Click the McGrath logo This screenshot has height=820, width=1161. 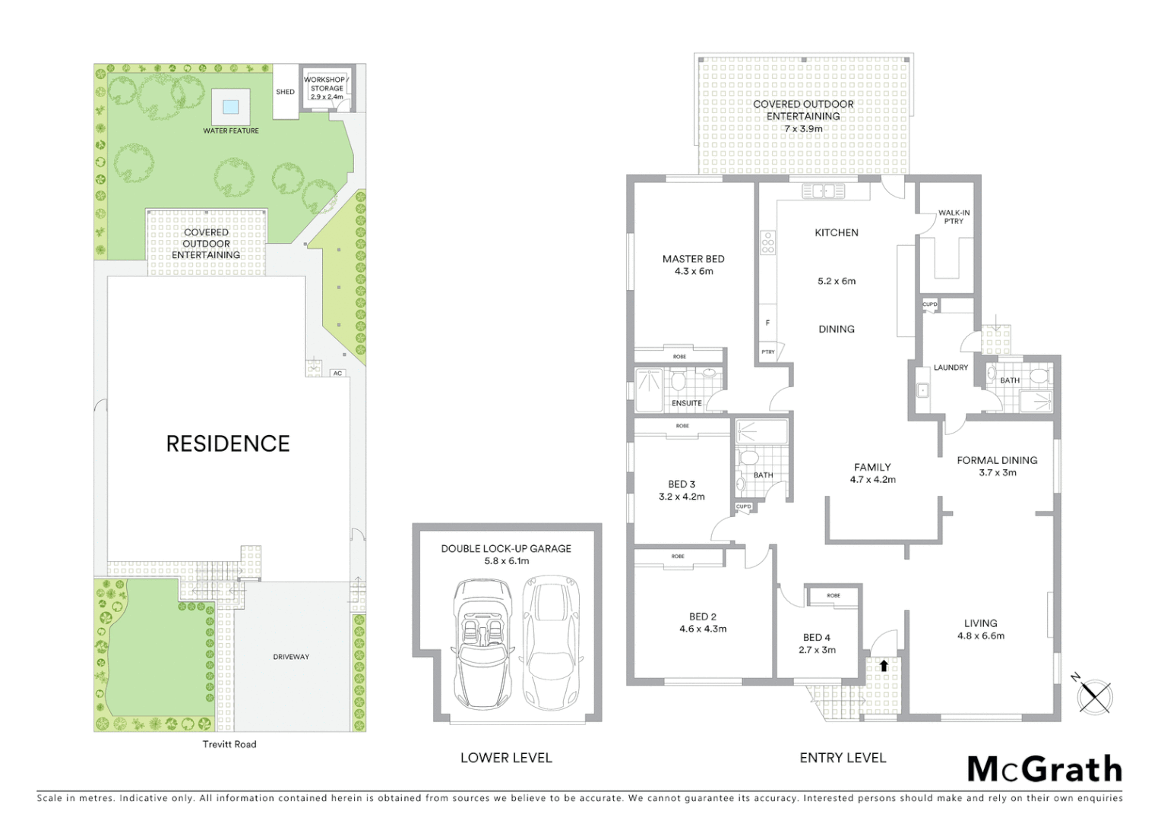click(x=1045, y=769)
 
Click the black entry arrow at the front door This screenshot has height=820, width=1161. click(x=884, y=665)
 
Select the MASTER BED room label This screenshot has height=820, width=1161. click(x=693, y=259)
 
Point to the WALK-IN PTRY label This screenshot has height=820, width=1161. click(x=954, y=217)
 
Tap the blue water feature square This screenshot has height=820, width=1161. click(x=231, y=106)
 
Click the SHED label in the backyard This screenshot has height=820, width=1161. click(x=285, y=92)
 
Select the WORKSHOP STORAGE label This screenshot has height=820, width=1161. click(x=326, y=84)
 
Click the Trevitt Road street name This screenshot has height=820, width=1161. click(x=229, y=744)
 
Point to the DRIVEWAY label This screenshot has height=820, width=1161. click(x=291, y=657)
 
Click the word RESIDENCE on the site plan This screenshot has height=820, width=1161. click(x=228, y=444)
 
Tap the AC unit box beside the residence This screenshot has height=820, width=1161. click(x=337, y=373)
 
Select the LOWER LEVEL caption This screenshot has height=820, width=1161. click(x=506, y=758)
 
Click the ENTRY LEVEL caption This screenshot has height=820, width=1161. click(x=843, y=758)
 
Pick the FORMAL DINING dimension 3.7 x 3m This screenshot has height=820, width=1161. click(x=997, y=472)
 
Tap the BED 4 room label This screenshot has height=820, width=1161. click(x=817, y=638)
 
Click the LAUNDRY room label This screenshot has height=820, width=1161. click(x=951, y=367)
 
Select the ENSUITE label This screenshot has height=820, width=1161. click(x=686, y=403)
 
